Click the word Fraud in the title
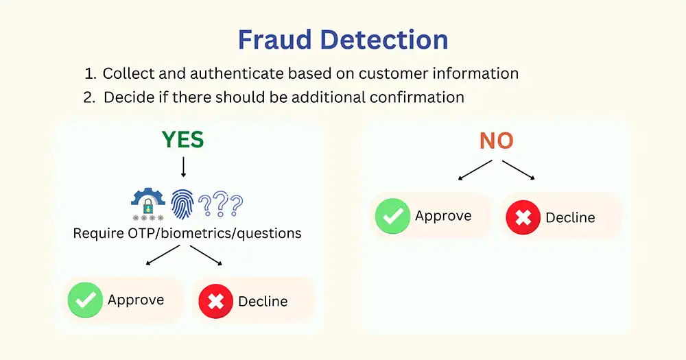click(274, 40)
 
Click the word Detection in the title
click(384, 40)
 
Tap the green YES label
click(183, 139)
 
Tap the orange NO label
click(496, 141)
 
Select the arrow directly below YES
click(183, 167)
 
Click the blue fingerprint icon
click(182, 204)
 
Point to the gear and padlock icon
click(148, 204)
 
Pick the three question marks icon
click(220, 204)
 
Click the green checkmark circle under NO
click(392, 216)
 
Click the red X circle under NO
click(523, 217)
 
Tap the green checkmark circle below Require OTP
click(85, 300)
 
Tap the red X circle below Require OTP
click(215, 302)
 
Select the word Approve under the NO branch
click(443, 216)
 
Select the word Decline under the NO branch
click(570, 217)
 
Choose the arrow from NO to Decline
click(519, 170)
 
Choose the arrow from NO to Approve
click(475, 170)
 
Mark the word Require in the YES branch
click(98, 234)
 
